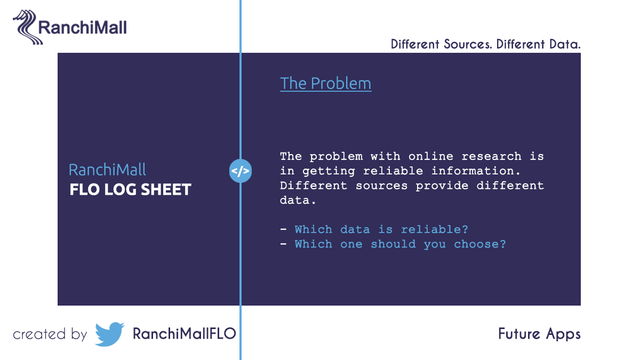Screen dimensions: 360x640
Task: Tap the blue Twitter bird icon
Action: pyautogui.click(x=109, y=334)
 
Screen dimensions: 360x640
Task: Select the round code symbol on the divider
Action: pyautogui.click(x=240, y=171)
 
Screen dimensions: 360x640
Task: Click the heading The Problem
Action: pyautogui.click(x=325, y=84)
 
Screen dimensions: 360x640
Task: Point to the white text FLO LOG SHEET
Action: pyautogui.click(x=130, y=189)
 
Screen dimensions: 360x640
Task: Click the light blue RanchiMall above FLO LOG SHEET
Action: pyautogui.click(x=107, y=170)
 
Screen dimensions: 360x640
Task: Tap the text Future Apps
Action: pyautogui.click(x=539, y=334)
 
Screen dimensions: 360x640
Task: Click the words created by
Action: pyautogui.click(x=50, y=334)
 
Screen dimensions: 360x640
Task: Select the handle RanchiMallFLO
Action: pyautogui.click(x=184, y=334)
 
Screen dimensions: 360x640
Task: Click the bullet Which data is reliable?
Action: pyautogui.click(x=381, y=229)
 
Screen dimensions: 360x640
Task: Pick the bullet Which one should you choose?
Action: pyautogui.click(x=400, y=244)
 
